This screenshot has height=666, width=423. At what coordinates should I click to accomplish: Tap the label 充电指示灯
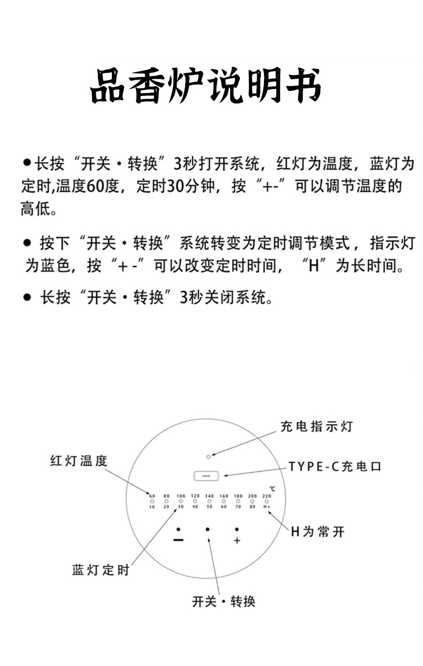(x=316, y=426)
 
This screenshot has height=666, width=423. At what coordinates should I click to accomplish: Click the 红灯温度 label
(x=79, y=460)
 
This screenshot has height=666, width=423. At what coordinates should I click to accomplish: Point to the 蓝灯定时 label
(x=101, y=570)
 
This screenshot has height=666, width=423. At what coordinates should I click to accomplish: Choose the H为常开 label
(x=318, y=532)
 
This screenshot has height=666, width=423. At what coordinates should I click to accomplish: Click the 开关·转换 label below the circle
(x=224, y=601)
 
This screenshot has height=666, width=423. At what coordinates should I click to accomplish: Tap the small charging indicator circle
(x=208, y=456)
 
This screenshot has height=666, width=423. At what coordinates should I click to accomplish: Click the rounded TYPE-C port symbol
(x=206, y=475)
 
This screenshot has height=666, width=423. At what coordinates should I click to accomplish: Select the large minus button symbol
(x=179, y=541)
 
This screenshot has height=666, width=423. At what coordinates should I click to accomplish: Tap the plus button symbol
(x=237, y=541)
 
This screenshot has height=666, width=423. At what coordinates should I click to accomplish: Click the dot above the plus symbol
(x=237, y=529)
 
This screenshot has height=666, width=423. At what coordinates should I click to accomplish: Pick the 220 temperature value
(x=267, y=496)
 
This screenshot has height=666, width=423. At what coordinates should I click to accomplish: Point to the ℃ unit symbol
(x=272, y=488)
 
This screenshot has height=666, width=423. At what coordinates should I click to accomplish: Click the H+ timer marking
(x=267, y=506)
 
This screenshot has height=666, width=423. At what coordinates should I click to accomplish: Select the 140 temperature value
(x=209, y=496)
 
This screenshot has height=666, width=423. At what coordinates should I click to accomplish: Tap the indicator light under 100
(x=180, y=501)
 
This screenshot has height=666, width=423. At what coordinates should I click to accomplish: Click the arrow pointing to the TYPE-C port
(x=252, y=472)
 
